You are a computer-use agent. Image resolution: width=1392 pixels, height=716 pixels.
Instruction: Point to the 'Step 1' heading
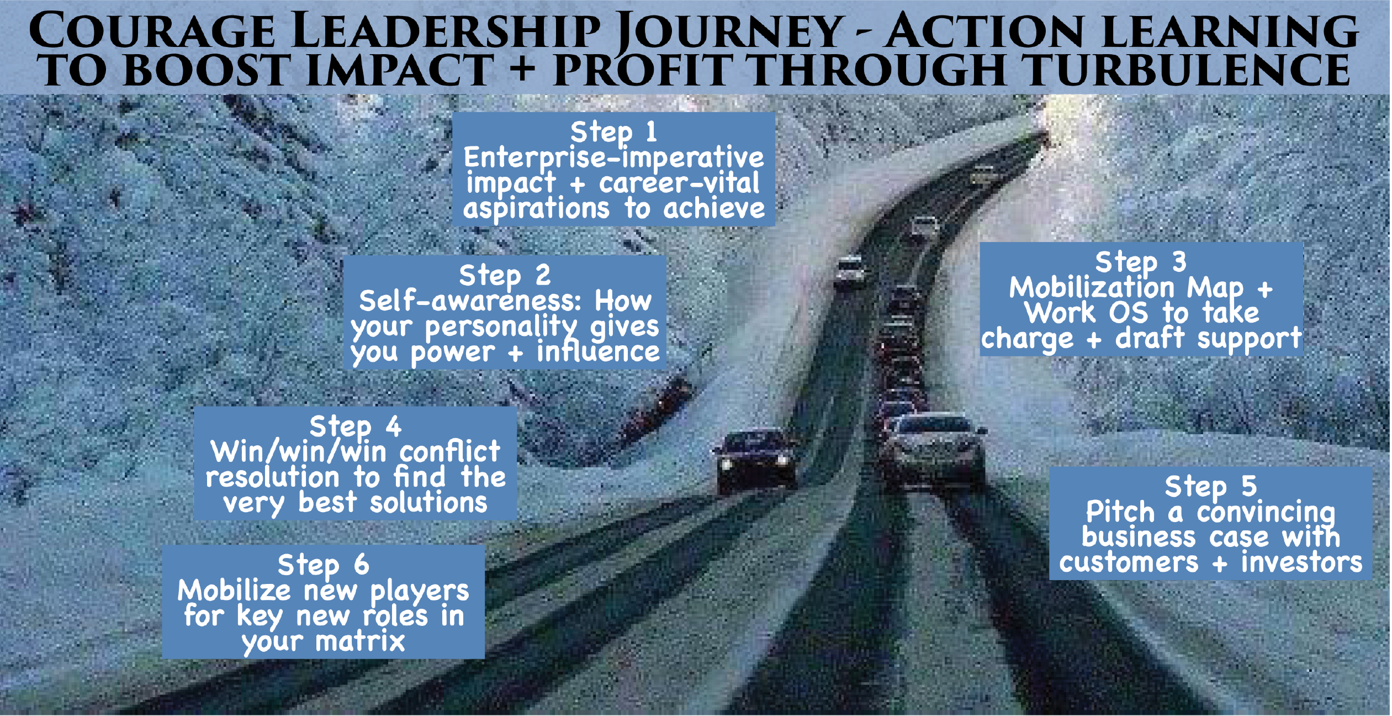[613, 132]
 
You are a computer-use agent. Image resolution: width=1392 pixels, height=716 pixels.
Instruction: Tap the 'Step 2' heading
[505, 275]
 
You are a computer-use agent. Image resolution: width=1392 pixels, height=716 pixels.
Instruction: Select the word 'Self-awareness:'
[470, 301]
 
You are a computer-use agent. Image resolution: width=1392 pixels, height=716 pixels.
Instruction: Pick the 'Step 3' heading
[1141, 262]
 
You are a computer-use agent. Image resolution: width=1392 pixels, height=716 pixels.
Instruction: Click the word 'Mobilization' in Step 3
[1092, 288]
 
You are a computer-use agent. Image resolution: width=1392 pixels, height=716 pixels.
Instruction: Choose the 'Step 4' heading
[355, 427]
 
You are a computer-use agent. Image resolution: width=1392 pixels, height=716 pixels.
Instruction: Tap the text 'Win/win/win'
[299, 452]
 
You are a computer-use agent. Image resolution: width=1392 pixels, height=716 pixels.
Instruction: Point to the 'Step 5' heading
[1211, 487]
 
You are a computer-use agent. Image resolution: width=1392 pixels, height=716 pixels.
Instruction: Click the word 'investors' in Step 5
[1301, 563]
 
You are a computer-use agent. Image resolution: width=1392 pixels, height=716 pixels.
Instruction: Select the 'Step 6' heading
[323, 565]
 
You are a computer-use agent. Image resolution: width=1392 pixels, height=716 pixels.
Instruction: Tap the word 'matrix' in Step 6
[360, 642]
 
